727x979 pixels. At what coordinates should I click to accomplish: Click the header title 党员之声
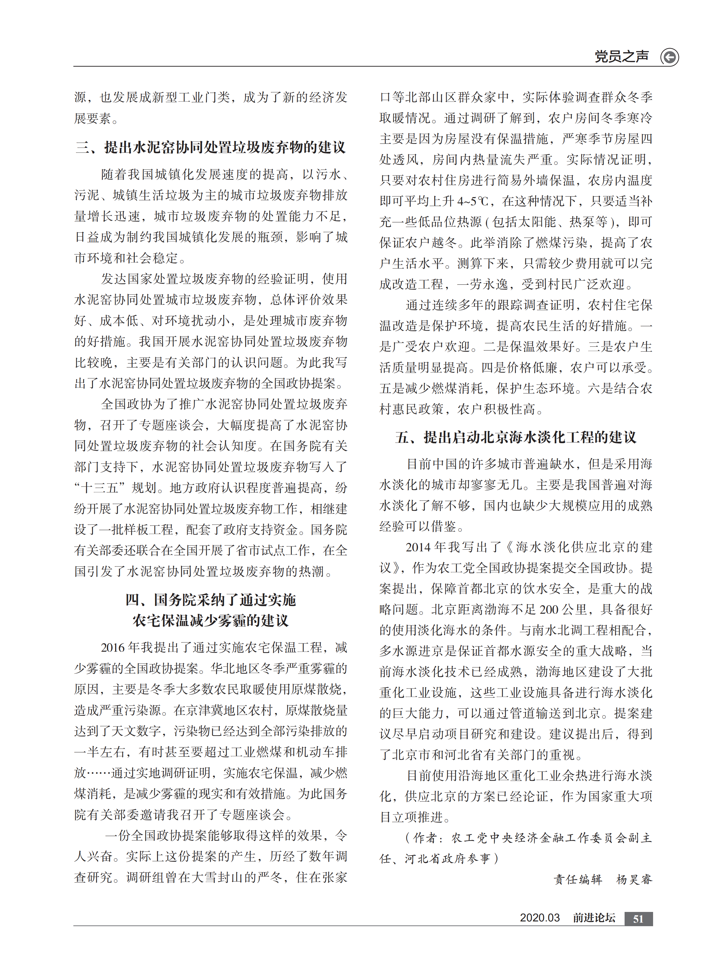tap(621, 56)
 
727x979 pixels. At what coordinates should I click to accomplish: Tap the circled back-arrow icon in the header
tap(669, 57)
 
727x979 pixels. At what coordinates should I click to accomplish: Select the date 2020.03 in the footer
tap(539, 918)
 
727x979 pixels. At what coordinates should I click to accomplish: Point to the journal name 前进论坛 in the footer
tap(594, 918)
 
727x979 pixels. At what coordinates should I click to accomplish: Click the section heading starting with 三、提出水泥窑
tap(210, 147)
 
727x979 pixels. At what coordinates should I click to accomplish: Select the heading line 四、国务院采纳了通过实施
tap(210, 600)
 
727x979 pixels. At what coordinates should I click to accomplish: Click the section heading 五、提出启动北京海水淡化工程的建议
tap(515, 437)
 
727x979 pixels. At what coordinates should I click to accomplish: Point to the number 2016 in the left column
tap(113, 648)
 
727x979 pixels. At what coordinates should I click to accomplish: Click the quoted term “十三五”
tap(100, 488)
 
